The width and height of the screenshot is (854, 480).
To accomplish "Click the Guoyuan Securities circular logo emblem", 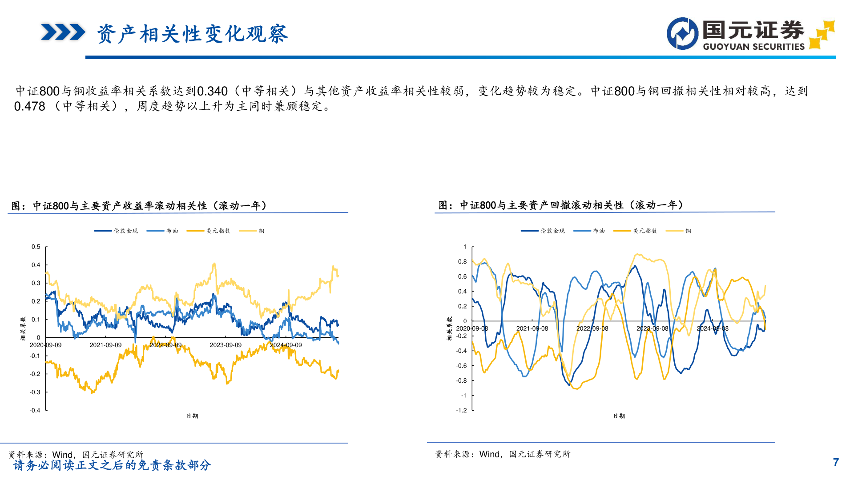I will point(682,34).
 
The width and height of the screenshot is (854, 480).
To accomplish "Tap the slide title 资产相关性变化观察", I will point(193,34).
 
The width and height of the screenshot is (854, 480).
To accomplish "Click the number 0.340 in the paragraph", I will point(212,91).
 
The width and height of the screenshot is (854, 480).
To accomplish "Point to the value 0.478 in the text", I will point(30,107).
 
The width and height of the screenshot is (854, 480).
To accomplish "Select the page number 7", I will point(836,462).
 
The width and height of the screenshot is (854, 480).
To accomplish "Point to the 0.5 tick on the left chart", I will point(36,247).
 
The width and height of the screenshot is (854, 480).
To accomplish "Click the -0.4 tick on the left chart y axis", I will point(35,410).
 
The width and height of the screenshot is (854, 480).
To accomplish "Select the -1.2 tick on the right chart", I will point(461,410).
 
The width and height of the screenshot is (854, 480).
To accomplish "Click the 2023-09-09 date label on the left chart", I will point(226,345).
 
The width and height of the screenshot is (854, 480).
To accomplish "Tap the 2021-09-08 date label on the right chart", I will point(532,329).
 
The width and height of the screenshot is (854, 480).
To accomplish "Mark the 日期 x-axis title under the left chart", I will point(192,416).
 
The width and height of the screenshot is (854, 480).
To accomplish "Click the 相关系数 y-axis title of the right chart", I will point(449,328).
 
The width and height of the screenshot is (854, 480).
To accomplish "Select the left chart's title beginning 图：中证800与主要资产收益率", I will point(139,206).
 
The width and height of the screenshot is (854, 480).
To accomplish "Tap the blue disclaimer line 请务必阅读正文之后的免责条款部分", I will point(112,465).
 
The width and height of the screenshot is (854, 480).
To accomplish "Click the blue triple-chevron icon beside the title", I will point(63,32).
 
